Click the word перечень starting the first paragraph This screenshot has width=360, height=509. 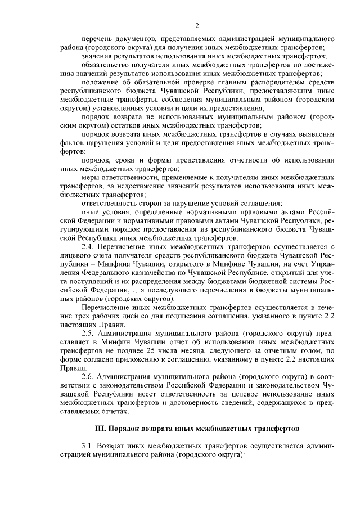[x=97, y=39]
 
